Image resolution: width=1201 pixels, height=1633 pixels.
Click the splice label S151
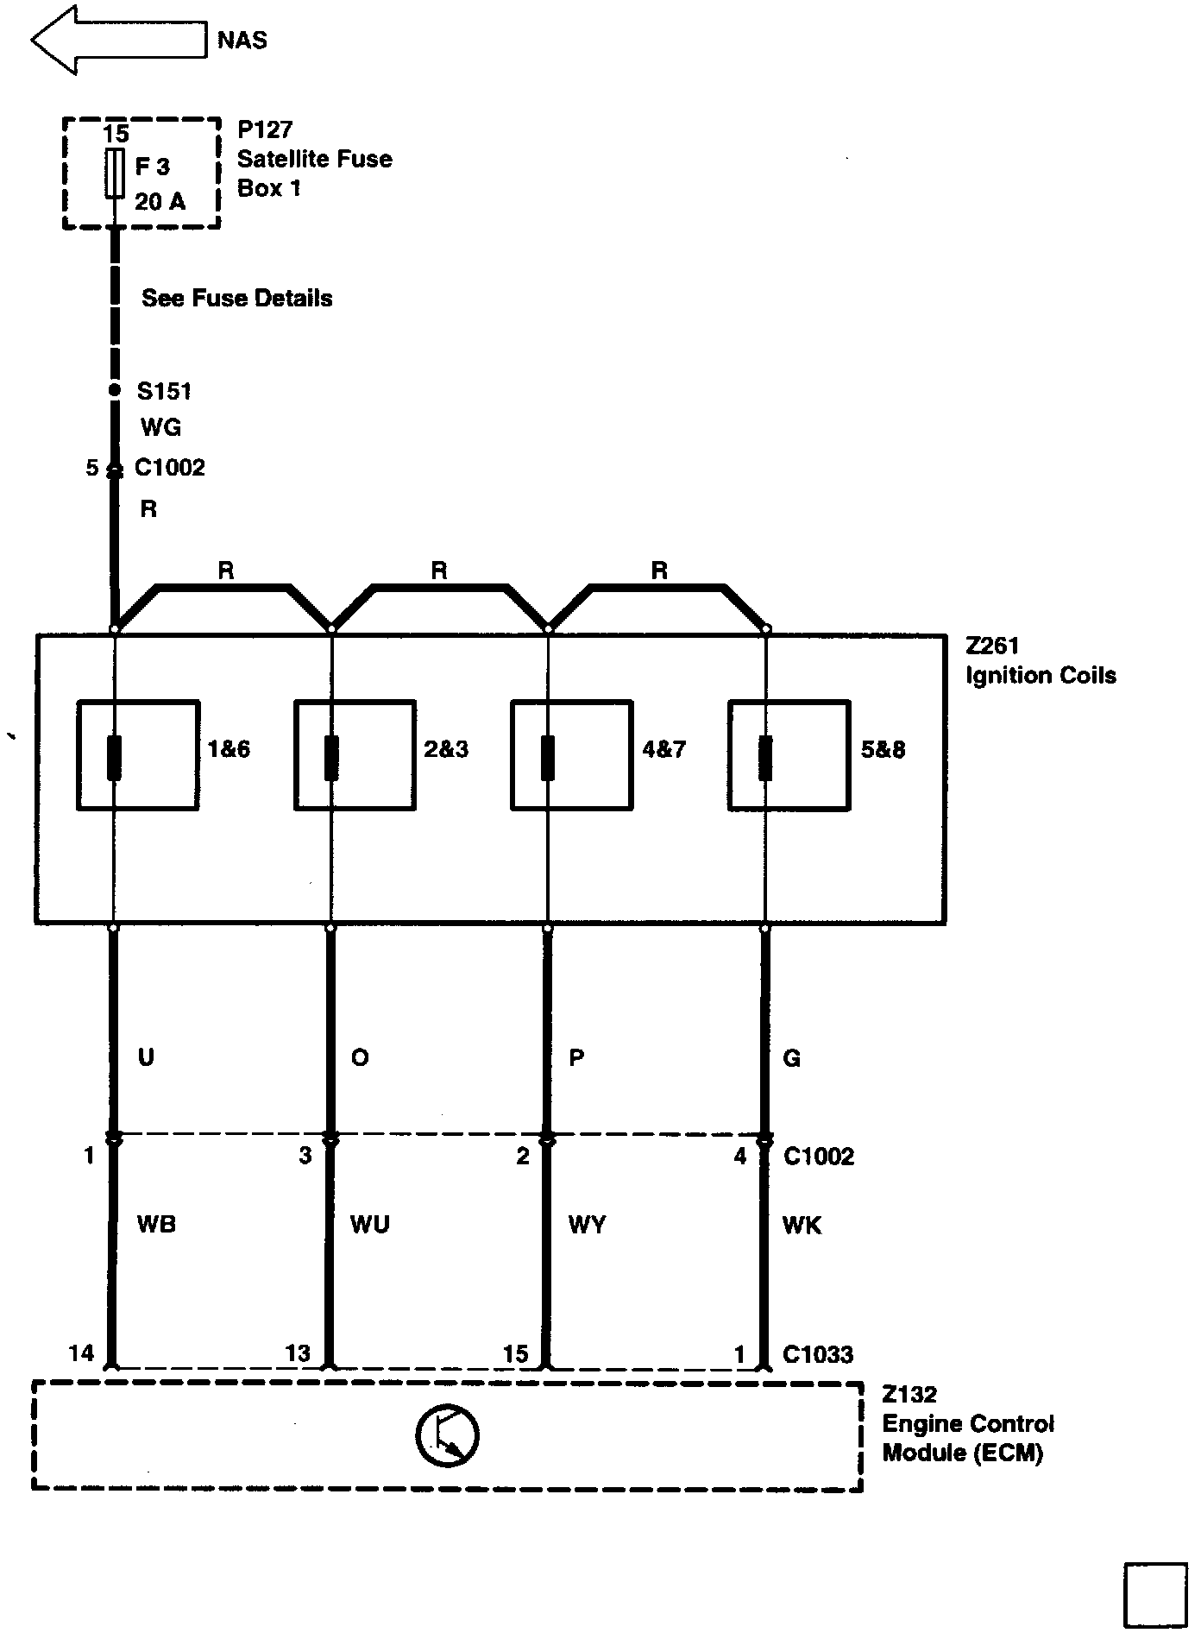(164, 391)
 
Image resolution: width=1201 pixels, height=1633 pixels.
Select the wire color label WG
(160, 427)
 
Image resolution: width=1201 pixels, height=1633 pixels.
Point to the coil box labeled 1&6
(138, 755)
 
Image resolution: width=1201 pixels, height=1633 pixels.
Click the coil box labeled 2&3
(355, 755)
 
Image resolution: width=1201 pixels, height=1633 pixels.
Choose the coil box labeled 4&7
(572, 755)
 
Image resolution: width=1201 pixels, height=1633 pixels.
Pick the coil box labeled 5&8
(789, 755)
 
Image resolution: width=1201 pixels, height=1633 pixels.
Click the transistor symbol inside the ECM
(447, 1435)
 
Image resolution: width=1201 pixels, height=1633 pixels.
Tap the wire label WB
(156, 1224)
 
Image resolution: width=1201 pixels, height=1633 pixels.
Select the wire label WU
(370, 1224)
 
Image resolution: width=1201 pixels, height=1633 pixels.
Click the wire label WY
(587, 1224)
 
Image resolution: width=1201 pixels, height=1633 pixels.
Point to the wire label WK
(802, 1224)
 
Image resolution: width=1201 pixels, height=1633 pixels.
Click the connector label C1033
(818, 1354)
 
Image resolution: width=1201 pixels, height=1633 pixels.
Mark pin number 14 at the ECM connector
(81, 1352)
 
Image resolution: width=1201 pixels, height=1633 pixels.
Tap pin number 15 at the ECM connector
(515, 1353)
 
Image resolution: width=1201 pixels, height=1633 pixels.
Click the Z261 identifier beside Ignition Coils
(992, 646)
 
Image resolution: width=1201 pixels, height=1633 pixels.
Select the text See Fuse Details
(237, 299)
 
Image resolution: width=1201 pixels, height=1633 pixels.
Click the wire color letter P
(577, 1057)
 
